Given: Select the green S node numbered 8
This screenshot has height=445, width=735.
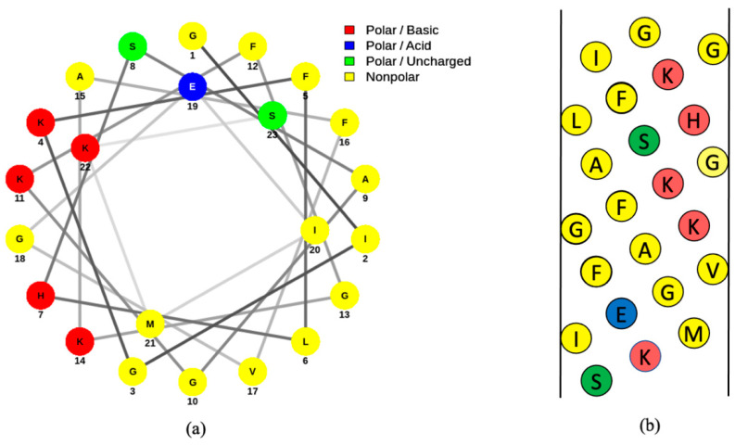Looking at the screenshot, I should point(133,45).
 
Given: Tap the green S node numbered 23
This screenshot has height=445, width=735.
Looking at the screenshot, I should point(272,116).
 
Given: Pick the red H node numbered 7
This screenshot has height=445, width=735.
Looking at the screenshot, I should point(40,297).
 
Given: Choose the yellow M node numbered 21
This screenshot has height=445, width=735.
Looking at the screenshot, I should point(150,324).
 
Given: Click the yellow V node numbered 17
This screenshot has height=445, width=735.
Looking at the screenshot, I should point(251,372).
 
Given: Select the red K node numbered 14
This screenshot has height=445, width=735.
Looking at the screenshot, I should point(80,341).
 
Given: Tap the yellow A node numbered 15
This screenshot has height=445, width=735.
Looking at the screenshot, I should point(81,76).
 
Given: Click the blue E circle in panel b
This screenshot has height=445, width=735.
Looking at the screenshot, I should point(621,314).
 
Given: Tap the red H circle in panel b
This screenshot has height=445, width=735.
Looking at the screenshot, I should point(694,119).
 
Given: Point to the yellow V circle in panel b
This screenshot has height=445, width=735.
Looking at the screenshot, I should point(713,269).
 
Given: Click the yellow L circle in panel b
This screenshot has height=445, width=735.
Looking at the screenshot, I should point(577,119).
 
